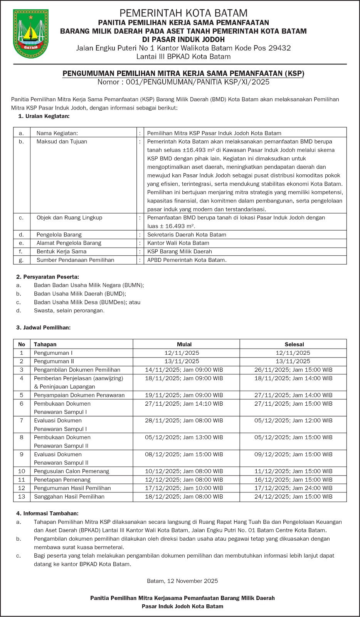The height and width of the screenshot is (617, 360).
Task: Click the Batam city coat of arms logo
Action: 31,34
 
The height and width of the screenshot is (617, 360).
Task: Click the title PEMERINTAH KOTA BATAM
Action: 183,13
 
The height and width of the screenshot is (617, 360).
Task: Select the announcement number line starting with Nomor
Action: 183,82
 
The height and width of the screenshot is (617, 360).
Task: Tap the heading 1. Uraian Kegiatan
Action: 44,116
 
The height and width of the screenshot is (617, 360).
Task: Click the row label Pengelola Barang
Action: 59,234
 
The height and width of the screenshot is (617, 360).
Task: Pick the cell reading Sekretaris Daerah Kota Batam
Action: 187,234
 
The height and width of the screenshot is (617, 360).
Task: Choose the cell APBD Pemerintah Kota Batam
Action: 187,260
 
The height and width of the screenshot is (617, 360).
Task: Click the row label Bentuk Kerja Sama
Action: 61,251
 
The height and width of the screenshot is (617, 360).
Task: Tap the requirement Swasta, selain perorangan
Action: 69,310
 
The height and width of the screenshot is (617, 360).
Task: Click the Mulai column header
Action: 184,344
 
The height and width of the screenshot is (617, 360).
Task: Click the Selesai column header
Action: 294,344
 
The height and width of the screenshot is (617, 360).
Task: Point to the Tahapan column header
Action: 45,344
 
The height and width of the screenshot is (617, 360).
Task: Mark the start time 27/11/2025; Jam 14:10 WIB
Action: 184,404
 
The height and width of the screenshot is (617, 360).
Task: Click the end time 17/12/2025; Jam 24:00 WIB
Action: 293,488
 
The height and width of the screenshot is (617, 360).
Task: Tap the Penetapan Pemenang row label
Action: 62,480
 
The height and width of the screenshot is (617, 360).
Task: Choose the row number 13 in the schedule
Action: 22,497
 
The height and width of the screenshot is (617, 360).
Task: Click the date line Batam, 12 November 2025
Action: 182,581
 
